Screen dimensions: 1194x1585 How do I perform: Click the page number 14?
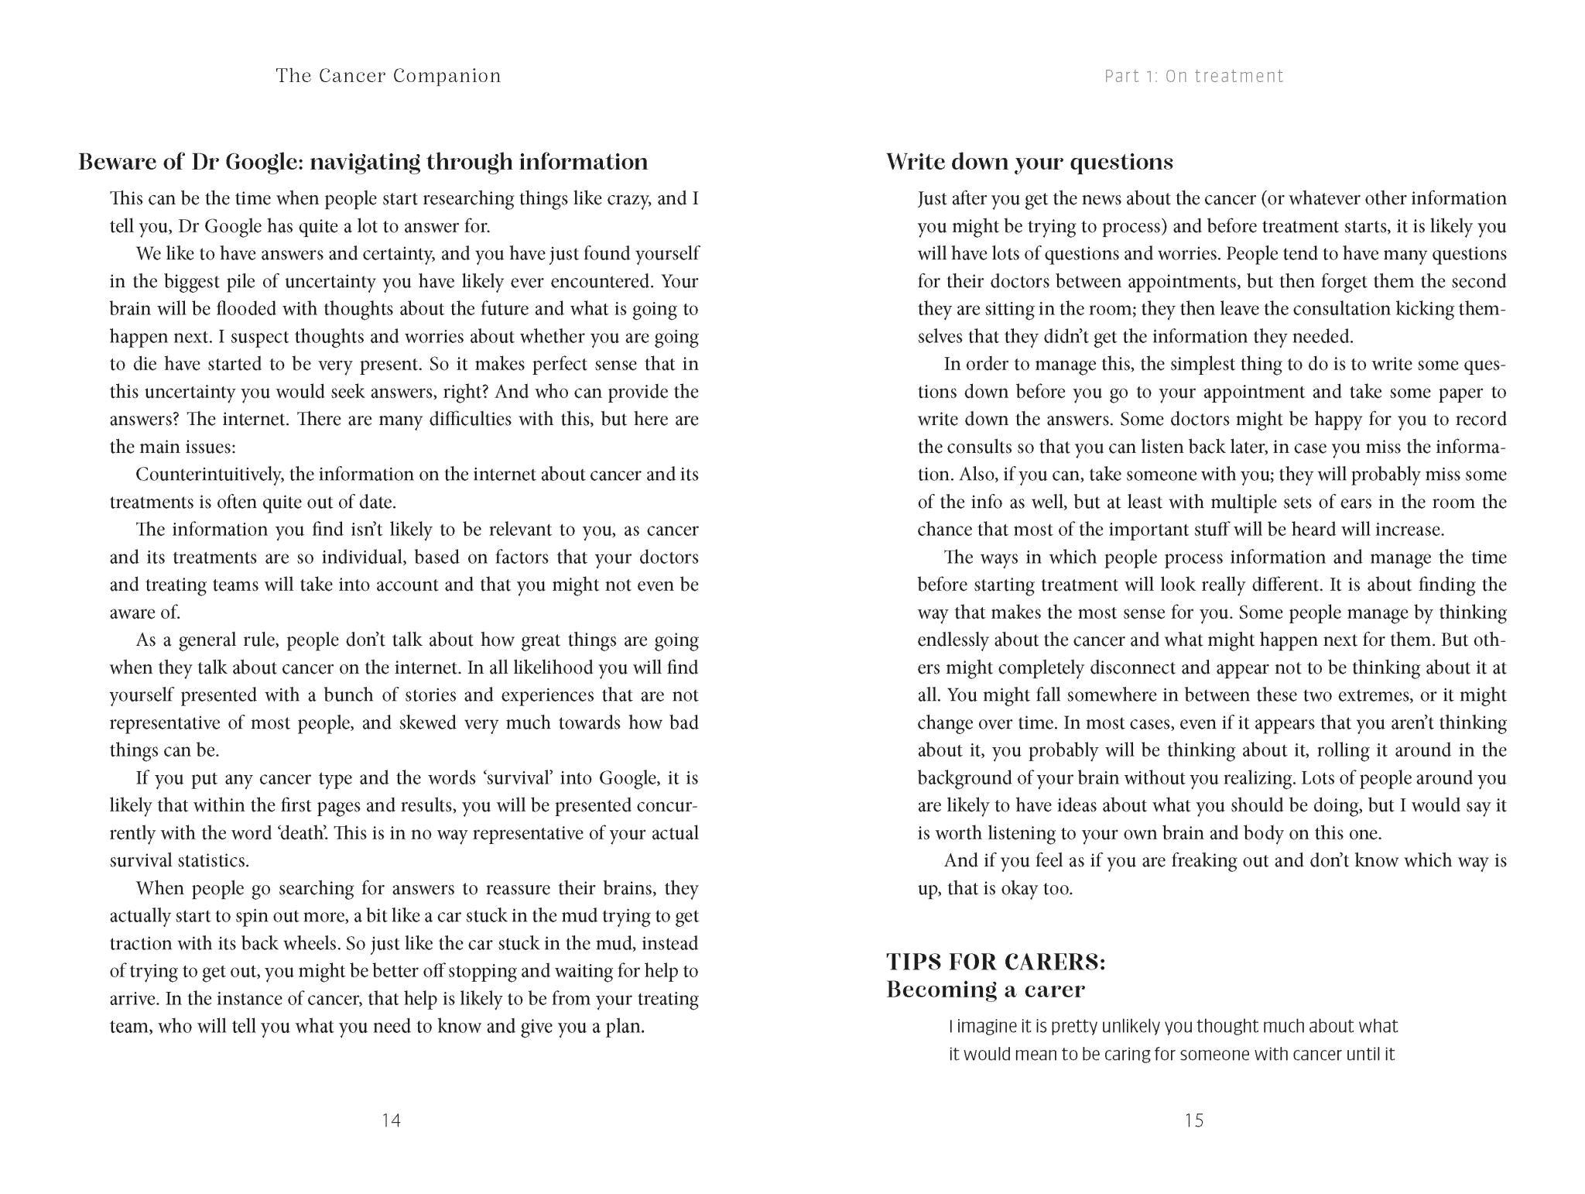click(x=391, y=1120)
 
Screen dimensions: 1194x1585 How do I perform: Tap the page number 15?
click(x=1193, y=1120)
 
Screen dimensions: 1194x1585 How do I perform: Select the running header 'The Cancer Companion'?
click(x=389, y=76)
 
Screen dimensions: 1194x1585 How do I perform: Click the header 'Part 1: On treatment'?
click(x=1193, y=76)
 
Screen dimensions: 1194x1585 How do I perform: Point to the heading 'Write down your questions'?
click(x=1029, y=162)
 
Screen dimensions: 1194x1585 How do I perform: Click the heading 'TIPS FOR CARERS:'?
click(x=996, y=962)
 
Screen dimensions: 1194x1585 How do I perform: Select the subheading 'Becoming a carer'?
click(x=985, y=990)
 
